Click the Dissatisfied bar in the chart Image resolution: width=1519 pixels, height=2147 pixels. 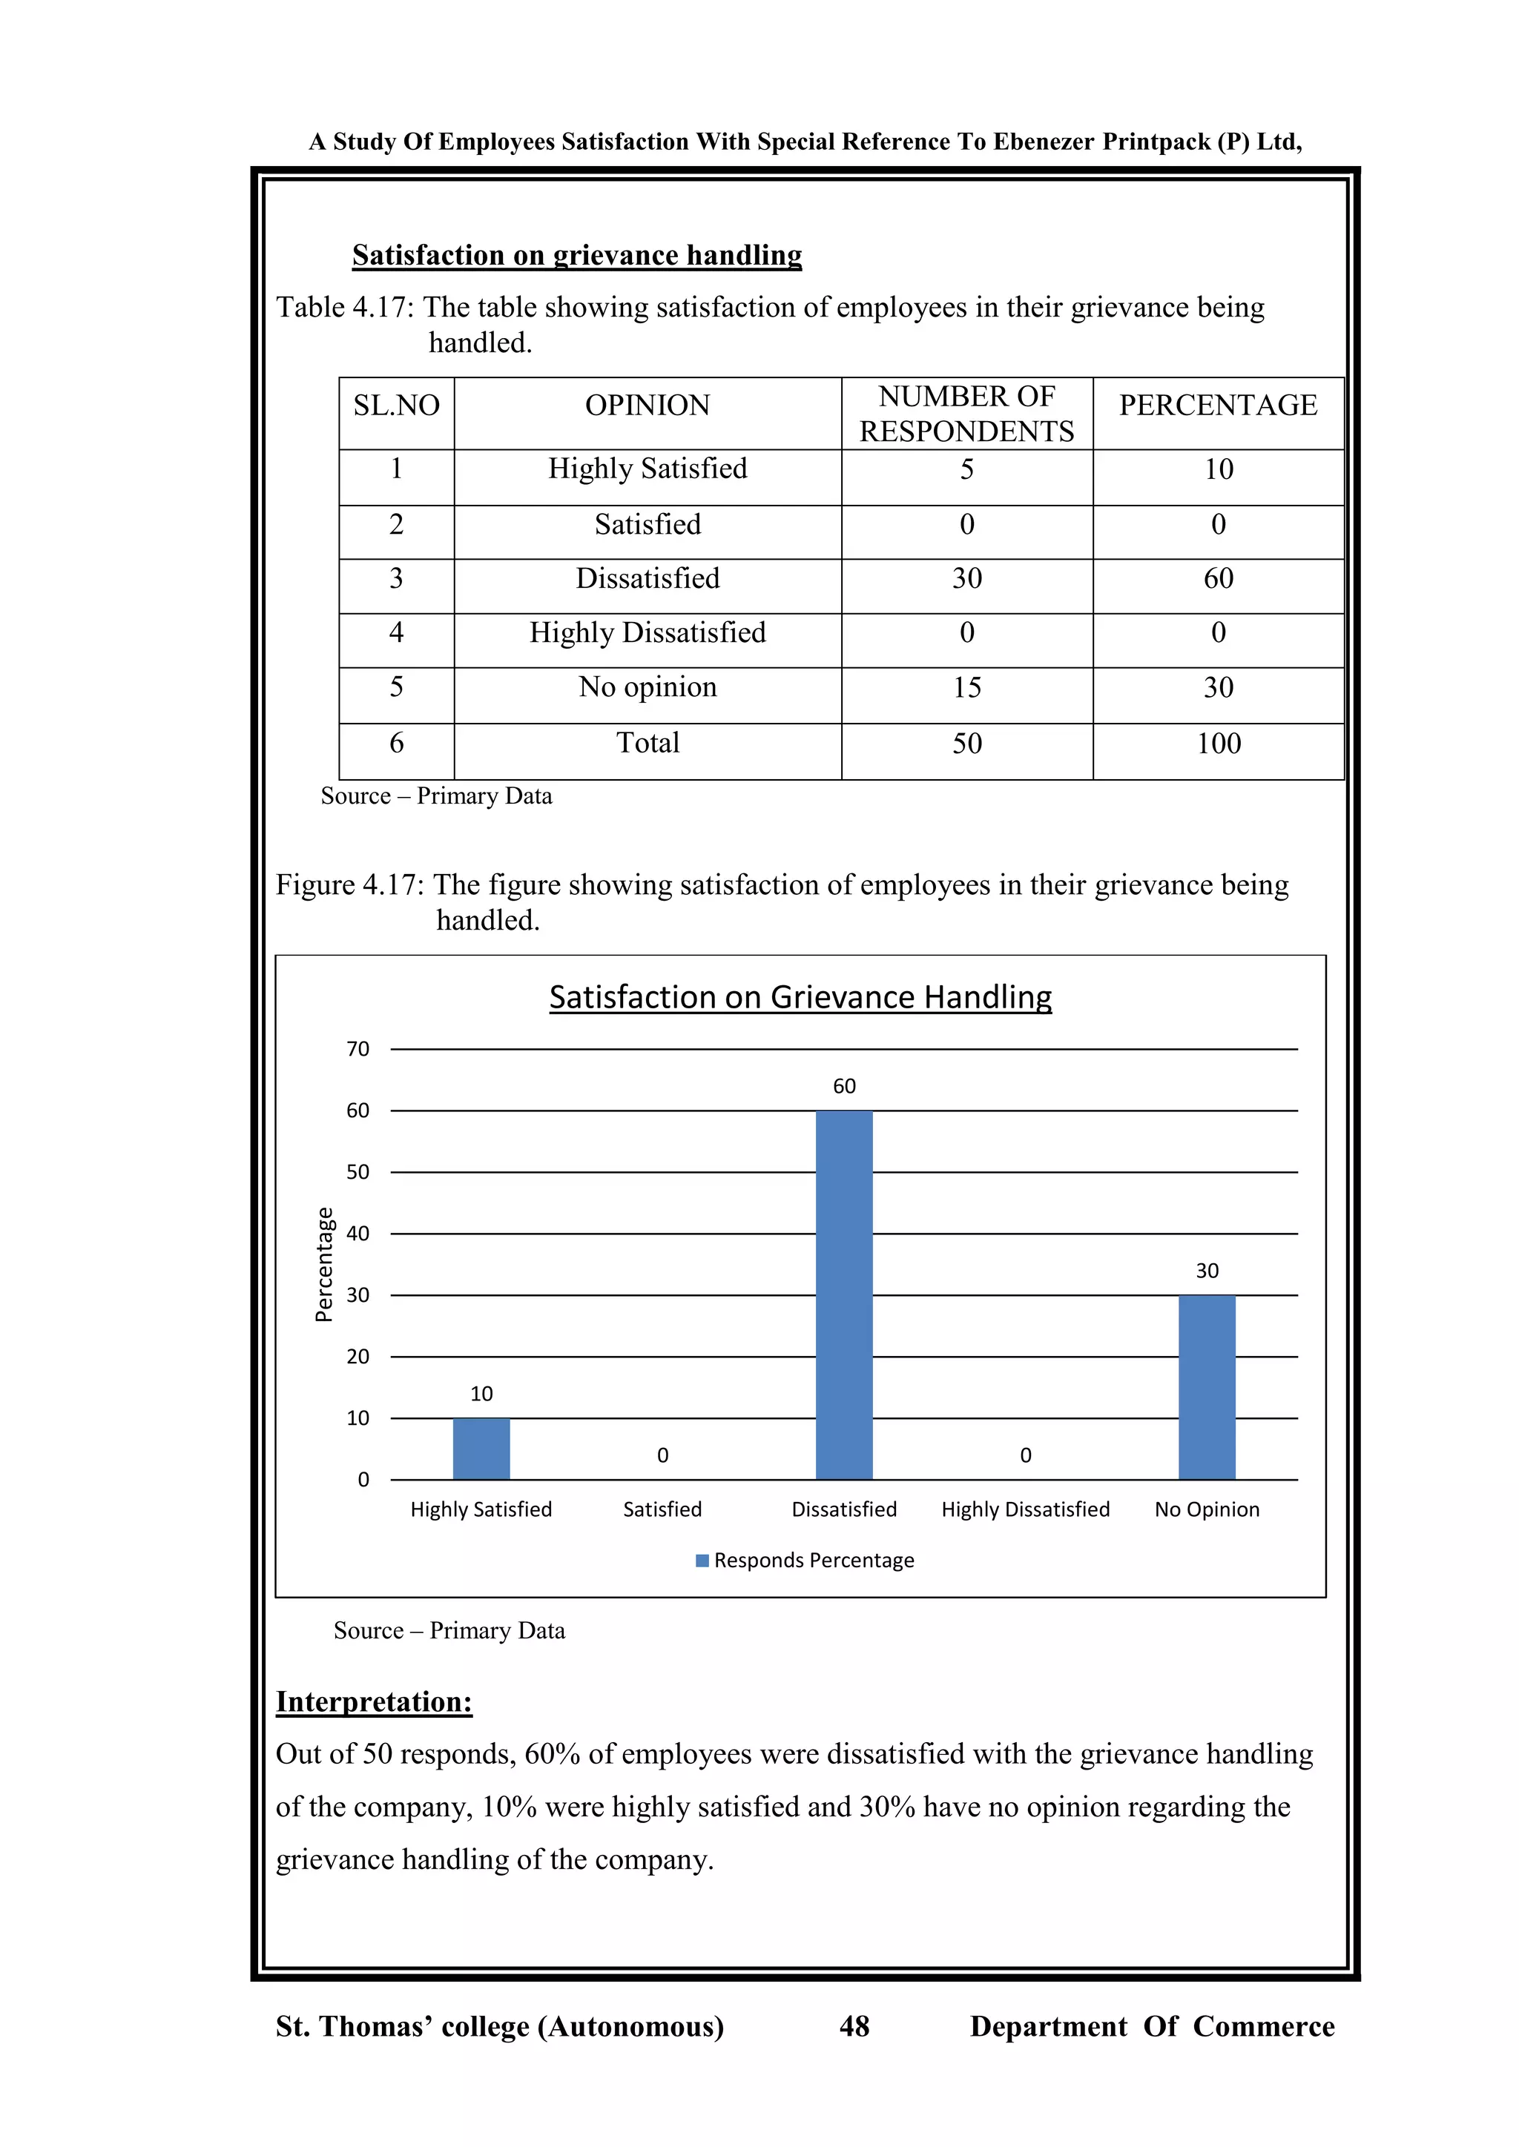(x=843, y=1295)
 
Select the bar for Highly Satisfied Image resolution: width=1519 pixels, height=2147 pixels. (x=481, y=1449)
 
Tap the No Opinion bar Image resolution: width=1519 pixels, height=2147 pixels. (x=1207, y=1387)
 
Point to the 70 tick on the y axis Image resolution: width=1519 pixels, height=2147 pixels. (x=358, y=1049)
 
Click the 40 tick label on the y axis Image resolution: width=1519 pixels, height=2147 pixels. (x=358, y=1234)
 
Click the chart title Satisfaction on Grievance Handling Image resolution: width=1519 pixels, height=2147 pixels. (x=800, y=997)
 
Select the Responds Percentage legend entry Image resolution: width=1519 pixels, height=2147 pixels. (x=805, y=1560)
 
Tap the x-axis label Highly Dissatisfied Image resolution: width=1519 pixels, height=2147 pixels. (x=1025, y=1509)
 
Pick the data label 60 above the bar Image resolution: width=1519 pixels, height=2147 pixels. (x=843, y=1085)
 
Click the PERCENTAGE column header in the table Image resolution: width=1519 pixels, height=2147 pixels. (x=1218, y=405)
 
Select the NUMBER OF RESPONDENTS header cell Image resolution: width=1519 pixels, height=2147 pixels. (x=966, y=414)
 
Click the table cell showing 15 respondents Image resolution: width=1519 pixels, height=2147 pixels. (x=966, y=687)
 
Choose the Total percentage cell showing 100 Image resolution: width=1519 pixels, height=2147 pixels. (x=1218, y=744)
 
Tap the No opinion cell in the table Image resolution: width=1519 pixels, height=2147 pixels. (x=648, y=687)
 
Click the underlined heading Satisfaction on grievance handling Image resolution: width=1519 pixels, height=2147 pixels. (x=576, y=254)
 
